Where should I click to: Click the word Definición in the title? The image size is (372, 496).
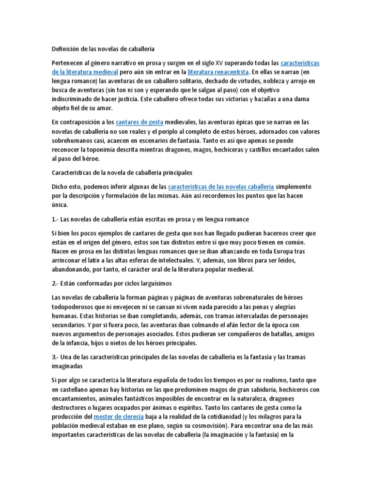[x=65, y=48]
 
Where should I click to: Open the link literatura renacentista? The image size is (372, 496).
[x=218, y=72]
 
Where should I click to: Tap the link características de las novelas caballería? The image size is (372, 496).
[x=221, y=186]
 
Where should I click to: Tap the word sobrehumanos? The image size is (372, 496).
[x=74, y=140]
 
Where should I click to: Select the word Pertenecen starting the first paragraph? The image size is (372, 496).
[x=69, y=63]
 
